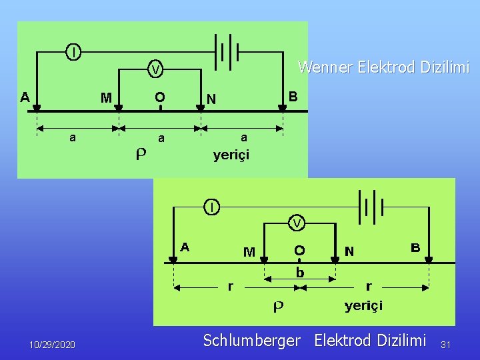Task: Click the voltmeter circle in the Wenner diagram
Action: (155, 69)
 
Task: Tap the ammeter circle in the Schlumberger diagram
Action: (211, 207)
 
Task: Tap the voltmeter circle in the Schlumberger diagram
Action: (297, 222)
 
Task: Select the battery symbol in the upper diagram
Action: (226, 51)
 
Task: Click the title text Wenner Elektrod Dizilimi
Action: (383, 67)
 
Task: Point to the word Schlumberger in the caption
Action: (251, 341)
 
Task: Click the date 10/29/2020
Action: (53, 345)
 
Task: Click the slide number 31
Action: (446, 345)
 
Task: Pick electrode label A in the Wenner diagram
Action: (25, 96)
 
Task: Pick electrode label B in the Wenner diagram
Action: (292, 96)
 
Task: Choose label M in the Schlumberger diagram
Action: (249, 252)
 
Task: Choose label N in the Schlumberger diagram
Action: (349, 251)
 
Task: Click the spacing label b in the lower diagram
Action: (300, 273)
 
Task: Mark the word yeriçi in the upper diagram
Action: (231, 155)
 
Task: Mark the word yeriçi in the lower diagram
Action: (363, 306)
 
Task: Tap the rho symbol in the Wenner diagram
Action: (141, 154)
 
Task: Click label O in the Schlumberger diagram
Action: (300, 250)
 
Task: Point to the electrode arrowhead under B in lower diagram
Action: (429, 259)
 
